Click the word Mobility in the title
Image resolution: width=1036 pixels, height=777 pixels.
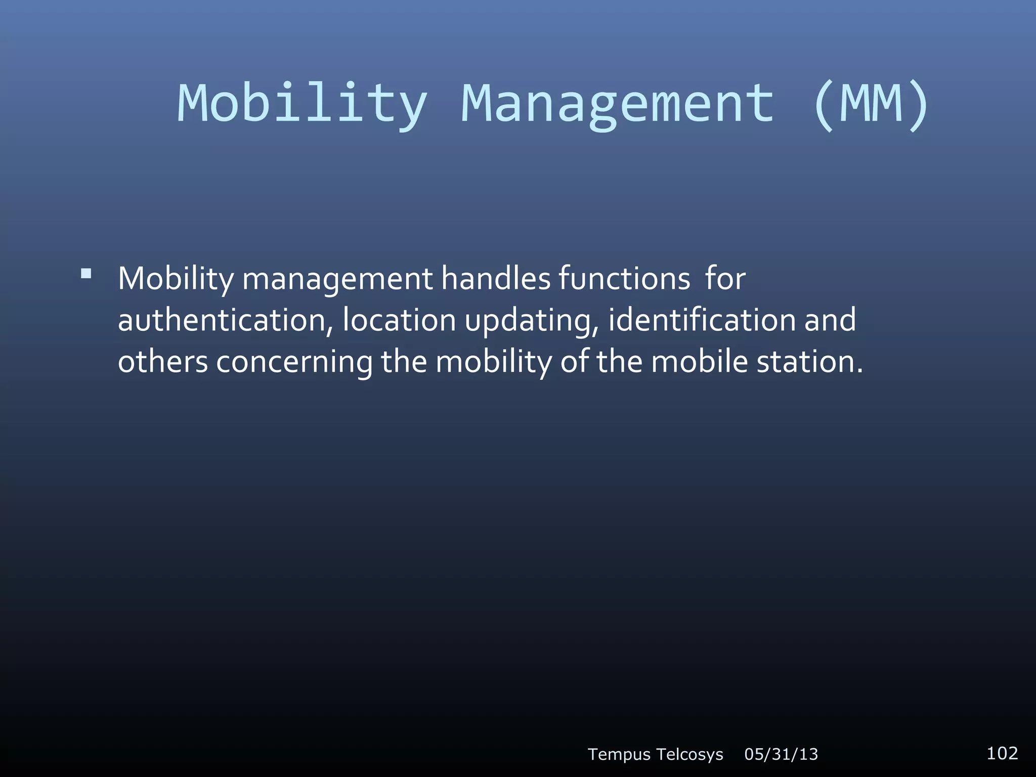(302, 104)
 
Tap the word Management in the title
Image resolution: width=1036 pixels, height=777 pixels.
(618, 104)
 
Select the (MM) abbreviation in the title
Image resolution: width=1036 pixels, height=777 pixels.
(871, 104)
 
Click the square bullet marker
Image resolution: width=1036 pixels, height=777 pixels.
(86, 274)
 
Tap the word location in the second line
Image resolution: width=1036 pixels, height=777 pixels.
(399, 320)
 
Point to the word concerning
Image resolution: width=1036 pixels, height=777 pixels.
(294, 363)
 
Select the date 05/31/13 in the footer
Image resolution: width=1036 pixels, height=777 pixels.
(781, 754)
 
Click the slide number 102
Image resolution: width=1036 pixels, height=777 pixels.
(1002, 753)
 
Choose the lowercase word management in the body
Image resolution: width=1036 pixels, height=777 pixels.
(337, 279)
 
